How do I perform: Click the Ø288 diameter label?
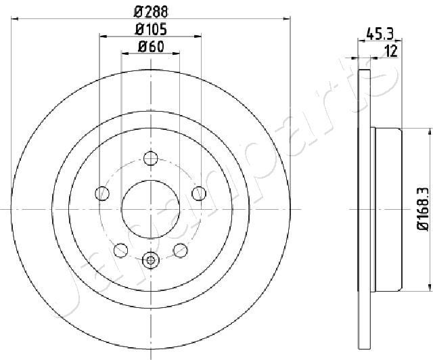point(151,12)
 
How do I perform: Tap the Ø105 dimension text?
point(151,30)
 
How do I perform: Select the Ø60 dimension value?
point(151,47)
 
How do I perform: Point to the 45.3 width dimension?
point(380,34)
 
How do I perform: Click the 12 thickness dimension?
point(391,51)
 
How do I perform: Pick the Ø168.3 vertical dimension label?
point(423,209)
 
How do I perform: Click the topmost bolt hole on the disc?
point(150,158)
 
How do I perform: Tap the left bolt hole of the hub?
point(102,194)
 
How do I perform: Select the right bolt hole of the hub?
point(199,194)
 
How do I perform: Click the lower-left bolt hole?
point(120,250)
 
